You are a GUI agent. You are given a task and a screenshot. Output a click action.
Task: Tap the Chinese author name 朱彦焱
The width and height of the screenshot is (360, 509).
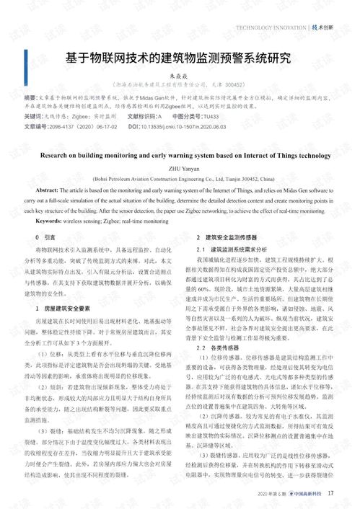(179, 74)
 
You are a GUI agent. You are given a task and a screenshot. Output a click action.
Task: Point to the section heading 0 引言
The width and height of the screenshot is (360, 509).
(45, 236)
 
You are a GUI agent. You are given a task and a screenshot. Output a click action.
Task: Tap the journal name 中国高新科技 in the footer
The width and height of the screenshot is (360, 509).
(306, 494)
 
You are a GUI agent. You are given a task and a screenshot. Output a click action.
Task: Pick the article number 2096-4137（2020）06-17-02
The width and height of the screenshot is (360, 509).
(85, 126)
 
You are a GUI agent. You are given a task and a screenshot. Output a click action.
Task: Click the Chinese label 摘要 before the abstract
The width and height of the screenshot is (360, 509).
(30, 96)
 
